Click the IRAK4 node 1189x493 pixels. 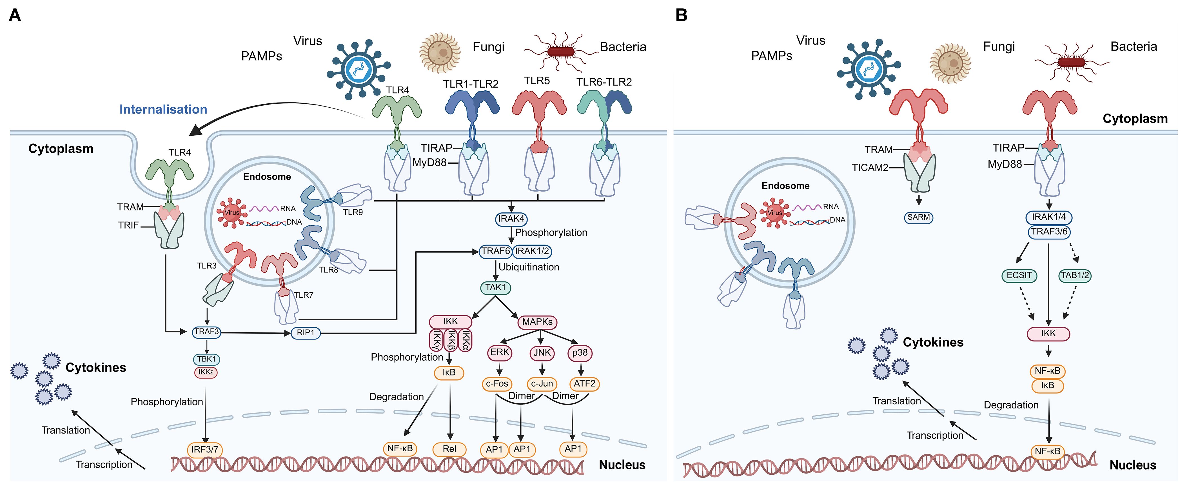(511, 219)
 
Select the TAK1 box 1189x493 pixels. (495, 288)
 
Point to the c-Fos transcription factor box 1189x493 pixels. (497, 384)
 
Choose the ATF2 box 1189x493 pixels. (584, 384)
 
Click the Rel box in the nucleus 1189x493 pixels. (449, 449)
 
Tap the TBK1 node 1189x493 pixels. (206, 359)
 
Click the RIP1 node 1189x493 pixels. (306, 333)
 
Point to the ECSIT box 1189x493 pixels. (1019, 276)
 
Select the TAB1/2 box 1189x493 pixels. (1075, 276)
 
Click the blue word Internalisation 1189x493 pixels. (163, 109)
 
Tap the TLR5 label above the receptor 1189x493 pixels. (537, 81)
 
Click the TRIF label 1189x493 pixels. (128, 225)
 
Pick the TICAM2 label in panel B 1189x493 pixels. (870, 168)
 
